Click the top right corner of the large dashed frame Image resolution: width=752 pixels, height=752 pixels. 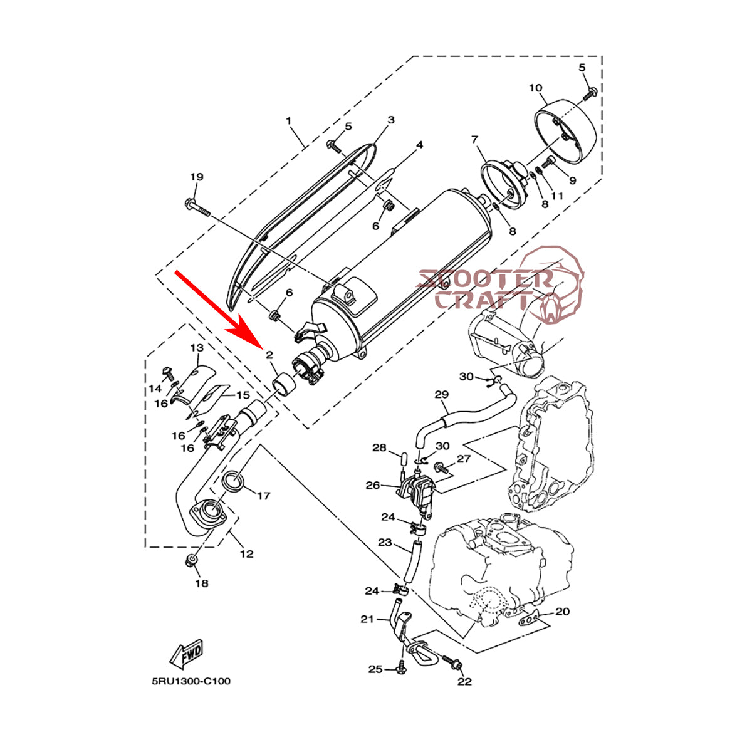[602, 56]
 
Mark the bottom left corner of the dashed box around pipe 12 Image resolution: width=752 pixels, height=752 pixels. [145, 546]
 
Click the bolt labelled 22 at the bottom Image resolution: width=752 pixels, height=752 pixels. [454, 663]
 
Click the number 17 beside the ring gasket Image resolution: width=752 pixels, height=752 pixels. [264, 496]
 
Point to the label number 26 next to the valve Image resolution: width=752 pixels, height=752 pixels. [373, 485]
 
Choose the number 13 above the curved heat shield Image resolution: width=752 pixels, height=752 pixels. [197, 347]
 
